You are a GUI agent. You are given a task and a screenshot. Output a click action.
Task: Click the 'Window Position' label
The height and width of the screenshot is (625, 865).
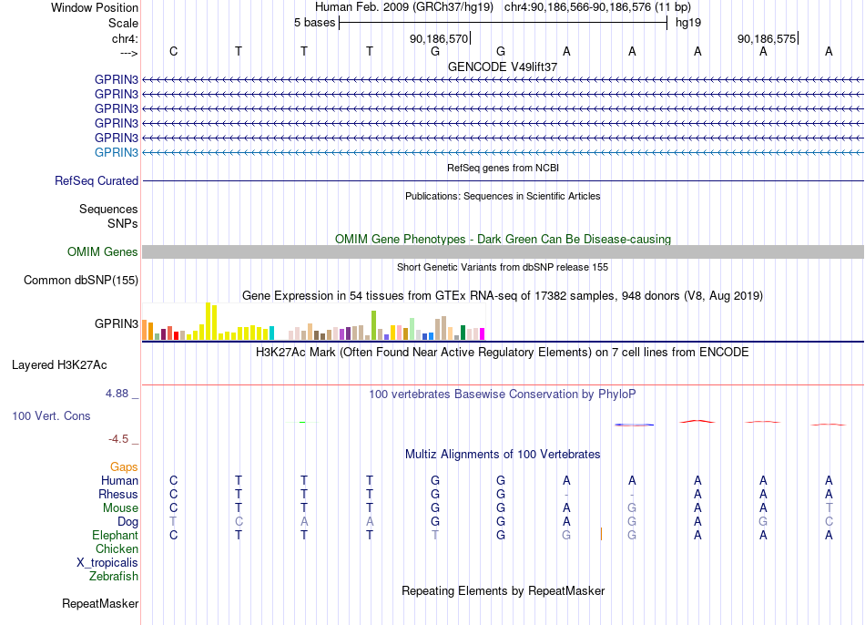pos(95,7)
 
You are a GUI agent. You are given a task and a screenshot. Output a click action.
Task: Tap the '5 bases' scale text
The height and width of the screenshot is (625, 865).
pos(314,23)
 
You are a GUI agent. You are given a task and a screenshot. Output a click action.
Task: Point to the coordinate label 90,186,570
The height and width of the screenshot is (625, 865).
pos(439,38)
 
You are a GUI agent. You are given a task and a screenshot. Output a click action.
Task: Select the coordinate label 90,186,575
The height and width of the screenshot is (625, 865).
pos(767,38)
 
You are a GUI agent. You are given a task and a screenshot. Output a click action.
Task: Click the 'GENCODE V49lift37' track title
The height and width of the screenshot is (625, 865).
pos(503,67)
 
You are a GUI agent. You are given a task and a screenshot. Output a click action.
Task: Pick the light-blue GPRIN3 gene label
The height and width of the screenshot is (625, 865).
pos(117,152)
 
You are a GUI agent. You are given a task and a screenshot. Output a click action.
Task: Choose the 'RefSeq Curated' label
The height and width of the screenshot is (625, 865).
pos(97,180)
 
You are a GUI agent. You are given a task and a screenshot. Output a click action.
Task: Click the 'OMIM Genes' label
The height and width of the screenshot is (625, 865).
pos(103,251)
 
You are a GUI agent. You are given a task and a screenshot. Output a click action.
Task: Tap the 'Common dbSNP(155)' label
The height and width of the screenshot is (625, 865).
pos(81,280)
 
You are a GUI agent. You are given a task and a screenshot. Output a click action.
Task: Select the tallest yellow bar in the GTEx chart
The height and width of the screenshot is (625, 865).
pos(208,322)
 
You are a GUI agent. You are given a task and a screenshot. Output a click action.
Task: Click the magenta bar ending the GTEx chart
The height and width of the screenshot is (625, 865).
pos(483,334)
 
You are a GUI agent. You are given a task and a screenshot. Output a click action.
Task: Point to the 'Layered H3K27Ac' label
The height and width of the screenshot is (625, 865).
pos(59,365)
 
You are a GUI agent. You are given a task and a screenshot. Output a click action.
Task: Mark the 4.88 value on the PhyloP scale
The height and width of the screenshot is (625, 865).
pos(117,393)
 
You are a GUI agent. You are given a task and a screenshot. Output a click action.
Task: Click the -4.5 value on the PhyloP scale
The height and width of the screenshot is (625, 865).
pos(118,439)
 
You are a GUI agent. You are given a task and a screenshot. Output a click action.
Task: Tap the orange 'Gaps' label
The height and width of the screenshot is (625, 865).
pos(124,467)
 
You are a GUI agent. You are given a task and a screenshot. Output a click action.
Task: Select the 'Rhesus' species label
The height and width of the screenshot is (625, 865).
pos(118,494)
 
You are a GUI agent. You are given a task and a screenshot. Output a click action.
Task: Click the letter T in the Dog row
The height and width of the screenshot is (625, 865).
pos(173,522)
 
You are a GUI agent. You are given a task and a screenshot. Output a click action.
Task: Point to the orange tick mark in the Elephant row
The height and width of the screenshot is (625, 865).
pos(601,534)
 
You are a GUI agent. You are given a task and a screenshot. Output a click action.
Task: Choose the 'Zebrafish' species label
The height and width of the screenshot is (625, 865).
pos(114,576)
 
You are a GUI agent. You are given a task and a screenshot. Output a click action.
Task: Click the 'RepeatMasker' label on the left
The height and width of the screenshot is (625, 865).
pos(100,603)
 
